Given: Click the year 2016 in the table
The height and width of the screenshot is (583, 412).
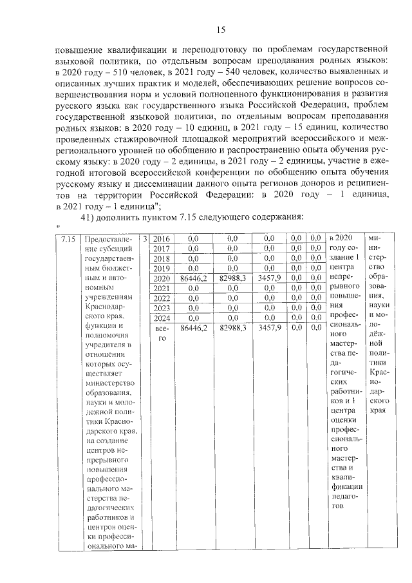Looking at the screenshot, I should coord(162,239).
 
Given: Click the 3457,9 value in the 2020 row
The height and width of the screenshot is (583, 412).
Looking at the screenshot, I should coord(271,278).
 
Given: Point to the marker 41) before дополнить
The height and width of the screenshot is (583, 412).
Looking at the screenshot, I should coord(88,217).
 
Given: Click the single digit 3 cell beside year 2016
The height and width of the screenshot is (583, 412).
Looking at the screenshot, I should coord(145,239).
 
